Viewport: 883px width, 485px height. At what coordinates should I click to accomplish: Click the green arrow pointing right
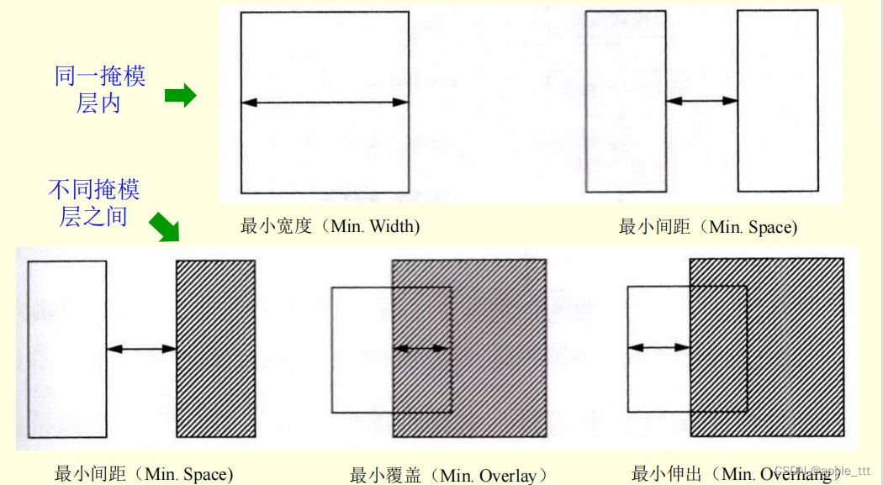tap(179, 97)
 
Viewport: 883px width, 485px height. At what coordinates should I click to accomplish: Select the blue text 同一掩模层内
tap(100, 90)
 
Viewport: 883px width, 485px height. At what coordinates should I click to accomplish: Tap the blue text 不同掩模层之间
tap(93, 203)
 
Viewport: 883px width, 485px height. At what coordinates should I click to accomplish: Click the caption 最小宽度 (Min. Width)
tap(330, 226)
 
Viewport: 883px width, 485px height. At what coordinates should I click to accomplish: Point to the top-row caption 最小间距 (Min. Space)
tap(707, 226)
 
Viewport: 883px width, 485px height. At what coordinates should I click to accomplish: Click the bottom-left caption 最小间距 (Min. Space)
tap(143, 474)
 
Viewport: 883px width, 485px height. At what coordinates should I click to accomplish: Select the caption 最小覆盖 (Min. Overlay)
tap(448, 476)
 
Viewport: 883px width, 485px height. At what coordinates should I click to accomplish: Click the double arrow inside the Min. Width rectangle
tap(325, 103)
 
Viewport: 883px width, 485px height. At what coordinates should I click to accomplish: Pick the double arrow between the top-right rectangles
tap(701, 101)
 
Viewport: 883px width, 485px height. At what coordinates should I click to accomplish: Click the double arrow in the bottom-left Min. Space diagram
tap(141, 348)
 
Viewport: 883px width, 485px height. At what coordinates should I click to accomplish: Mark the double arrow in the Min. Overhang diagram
tap(659, 346)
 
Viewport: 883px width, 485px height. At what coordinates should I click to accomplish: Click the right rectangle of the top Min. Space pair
tap(777, 101)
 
